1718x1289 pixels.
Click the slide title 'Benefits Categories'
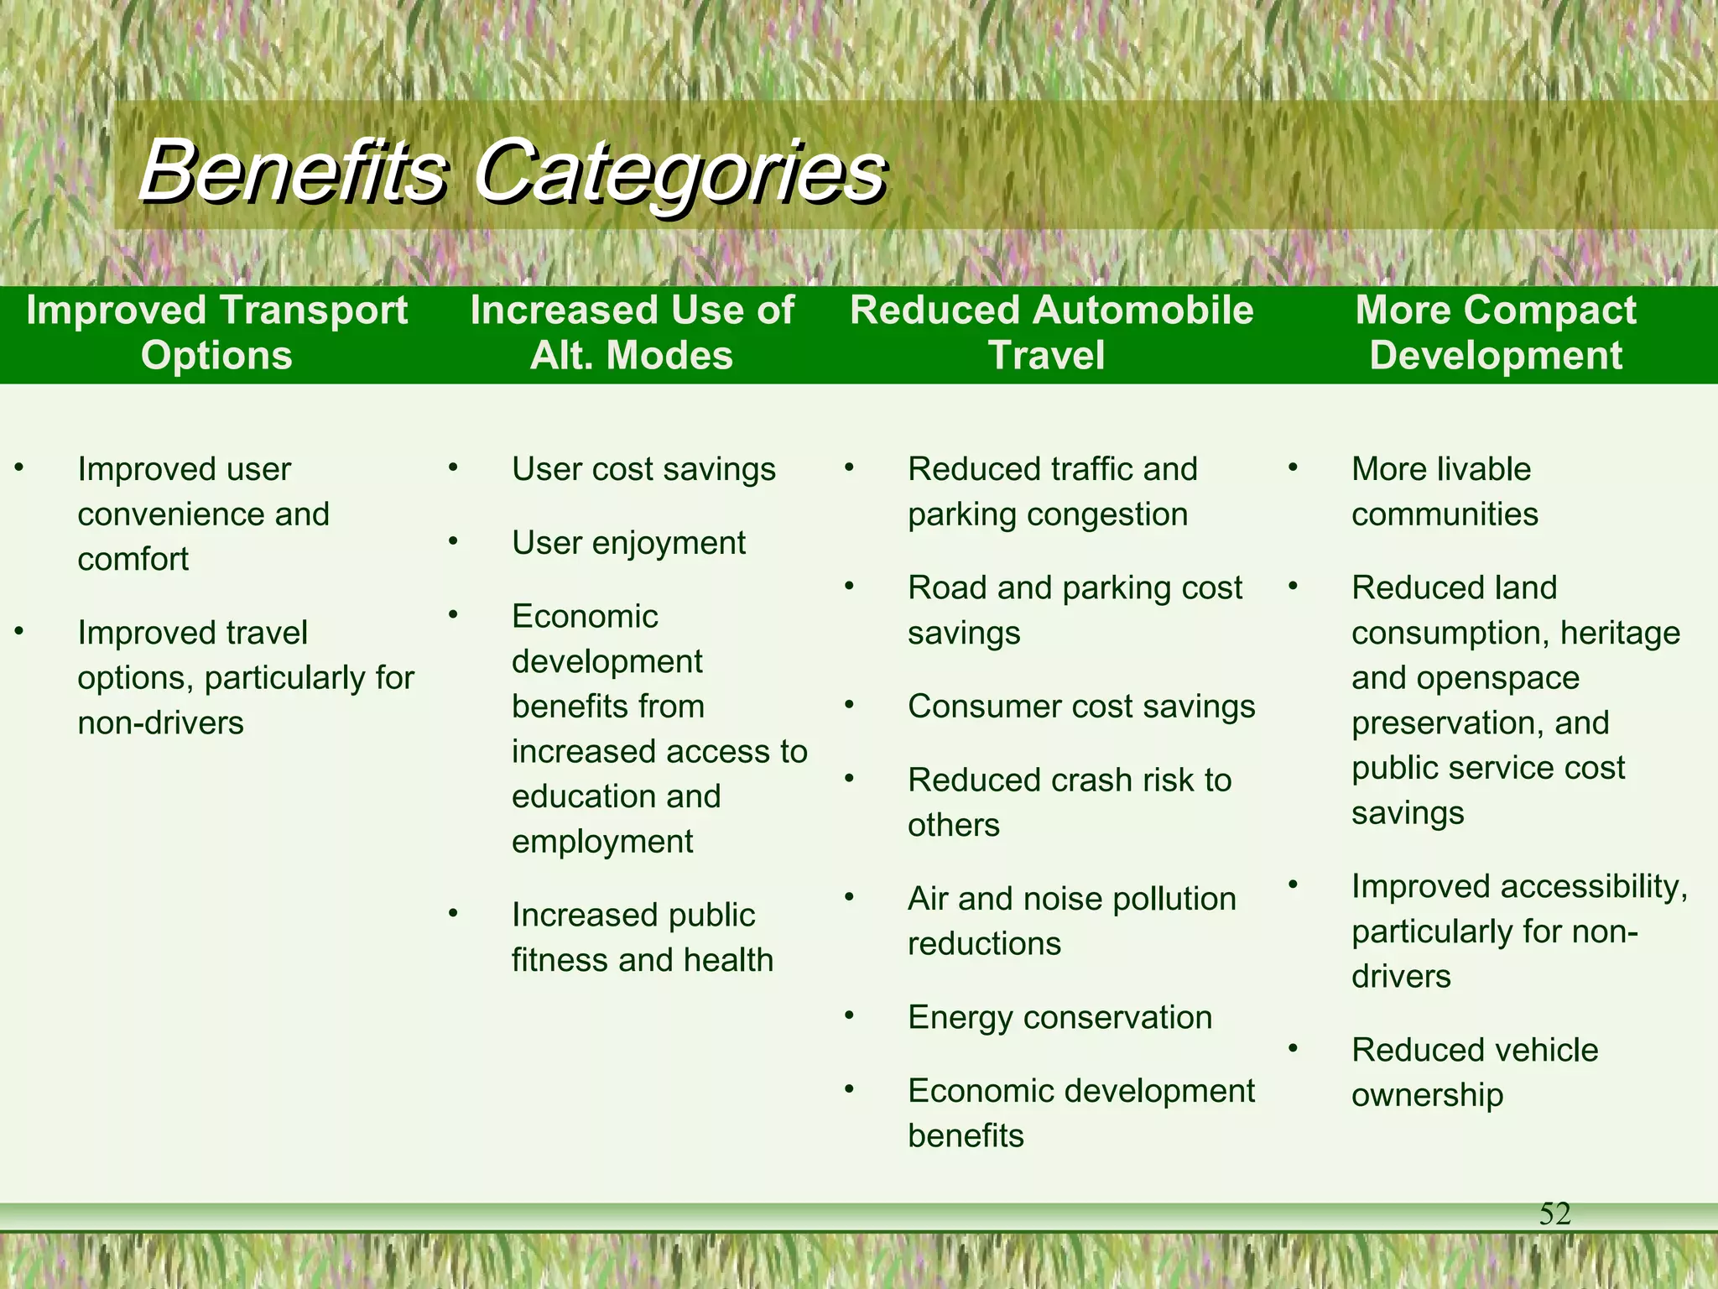512,172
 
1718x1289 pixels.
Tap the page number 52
1554,1213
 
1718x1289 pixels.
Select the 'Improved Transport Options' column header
216,333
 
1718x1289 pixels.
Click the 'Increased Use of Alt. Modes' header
632,333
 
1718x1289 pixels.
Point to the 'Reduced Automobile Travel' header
1050,333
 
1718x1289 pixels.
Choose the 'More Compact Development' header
1495,333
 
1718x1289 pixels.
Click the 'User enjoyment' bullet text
628,543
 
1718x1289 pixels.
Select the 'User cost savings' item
643,469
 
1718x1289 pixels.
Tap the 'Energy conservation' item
1059,1018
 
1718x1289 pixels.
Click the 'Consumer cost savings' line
1080,707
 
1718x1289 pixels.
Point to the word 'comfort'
133,559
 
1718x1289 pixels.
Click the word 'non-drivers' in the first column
160,723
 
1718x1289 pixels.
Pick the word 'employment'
602,842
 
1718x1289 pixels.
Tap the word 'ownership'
1427,1095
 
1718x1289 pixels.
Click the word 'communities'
1445,514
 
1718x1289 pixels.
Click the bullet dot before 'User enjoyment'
453,541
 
